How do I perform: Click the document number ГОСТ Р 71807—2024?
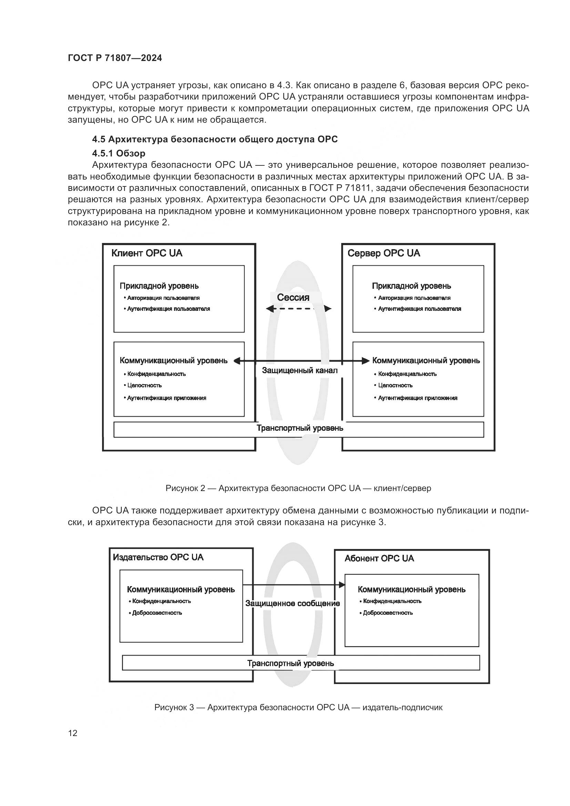pyautogui.click(x=115, y=58)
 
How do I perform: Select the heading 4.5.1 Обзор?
pyautogui.click(x=119, y=153)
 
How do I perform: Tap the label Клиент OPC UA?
pyautogui.click(x=147, y=253)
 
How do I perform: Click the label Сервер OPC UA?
pyautogui.click(x=384, y=253)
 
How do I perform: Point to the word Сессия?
pyautogui.click(x=293, y=297)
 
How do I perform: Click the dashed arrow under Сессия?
pyautogui.click(x=298, y=309)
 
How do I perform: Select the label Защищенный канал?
pyautogui.click(x=300, y=370)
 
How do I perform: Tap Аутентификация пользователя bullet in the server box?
pyautogui.click(x=419, y=309)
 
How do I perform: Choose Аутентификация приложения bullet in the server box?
pyautogui.click(x=417, y=398)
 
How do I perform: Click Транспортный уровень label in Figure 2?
pyautogui.click(x=300, y=428)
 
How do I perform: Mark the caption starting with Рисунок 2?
pyautogui.click(x=298, y=488)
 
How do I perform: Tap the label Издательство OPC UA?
pyautogui.click(x=158, y=557)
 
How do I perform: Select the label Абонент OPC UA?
pyautogui.click(x=379, y=558)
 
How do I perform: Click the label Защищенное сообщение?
pyautogui.click(x=292, y=603)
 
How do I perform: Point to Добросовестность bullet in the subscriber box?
pyautogui.click(x=387, y=613)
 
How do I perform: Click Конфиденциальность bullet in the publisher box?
pyautogui.click(x=161, y=601)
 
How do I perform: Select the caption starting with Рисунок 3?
pyautogui.click(x=298, y=707)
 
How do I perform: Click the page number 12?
pyautogui.click(x=73, y=733)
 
